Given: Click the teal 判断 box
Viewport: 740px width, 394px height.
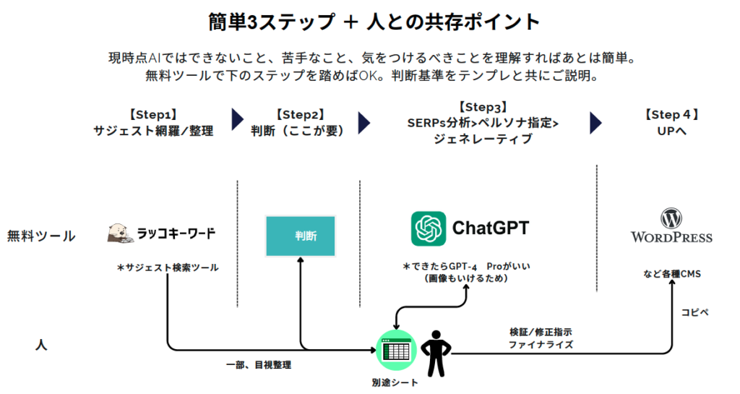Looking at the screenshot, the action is pos(301,236).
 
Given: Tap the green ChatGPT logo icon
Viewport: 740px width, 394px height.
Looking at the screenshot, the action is pos(428,228).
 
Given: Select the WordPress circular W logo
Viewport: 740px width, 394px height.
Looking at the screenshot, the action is pos(671,218).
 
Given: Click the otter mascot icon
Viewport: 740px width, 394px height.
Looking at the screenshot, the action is pos(119,234).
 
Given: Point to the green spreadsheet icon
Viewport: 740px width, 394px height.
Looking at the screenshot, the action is pos(397,350).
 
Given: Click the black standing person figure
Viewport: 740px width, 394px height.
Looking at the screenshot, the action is pos(436,354).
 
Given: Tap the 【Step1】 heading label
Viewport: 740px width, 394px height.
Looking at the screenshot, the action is pos(153,115).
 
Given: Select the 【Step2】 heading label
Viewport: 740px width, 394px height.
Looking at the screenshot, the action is pos(300,115).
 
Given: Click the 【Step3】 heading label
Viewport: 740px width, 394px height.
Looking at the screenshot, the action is pos(483,107).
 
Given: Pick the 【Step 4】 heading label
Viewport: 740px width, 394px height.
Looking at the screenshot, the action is pos(671,115).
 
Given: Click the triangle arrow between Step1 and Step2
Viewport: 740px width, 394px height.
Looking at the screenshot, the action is pos(237,119).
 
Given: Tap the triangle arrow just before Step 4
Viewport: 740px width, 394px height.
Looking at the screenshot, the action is pos(595,123).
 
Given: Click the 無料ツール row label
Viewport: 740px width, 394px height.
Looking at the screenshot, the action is pos(41,236).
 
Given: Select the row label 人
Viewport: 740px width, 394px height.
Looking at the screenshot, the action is pos(41,345).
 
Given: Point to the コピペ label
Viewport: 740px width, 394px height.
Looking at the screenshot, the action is pos(694,312).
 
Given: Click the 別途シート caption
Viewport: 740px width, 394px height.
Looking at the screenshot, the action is pos(395,382).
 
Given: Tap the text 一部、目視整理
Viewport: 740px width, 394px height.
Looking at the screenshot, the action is pos(259,365).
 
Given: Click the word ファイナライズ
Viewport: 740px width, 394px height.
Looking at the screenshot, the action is pos(541,345).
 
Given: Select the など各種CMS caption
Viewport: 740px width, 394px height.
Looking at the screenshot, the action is pos(672,274).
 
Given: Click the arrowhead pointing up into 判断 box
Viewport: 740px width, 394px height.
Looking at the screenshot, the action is pos(300,260).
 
